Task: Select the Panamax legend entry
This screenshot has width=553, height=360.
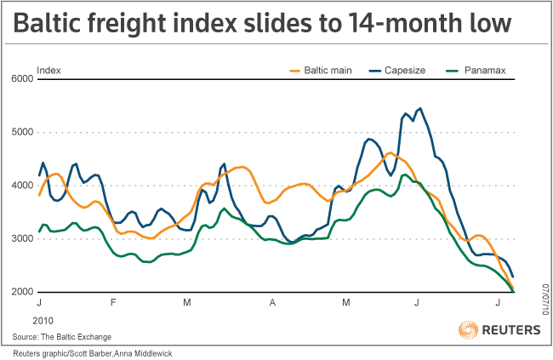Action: (484, 69)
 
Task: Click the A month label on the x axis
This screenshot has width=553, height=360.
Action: (272, 302)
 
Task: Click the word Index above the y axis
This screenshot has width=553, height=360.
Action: (49, 69)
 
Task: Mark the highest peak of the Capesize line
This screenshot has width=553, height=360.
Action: (419, 108)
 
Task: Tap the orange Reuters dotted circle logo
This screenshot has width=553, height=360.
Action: (468, 329)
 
